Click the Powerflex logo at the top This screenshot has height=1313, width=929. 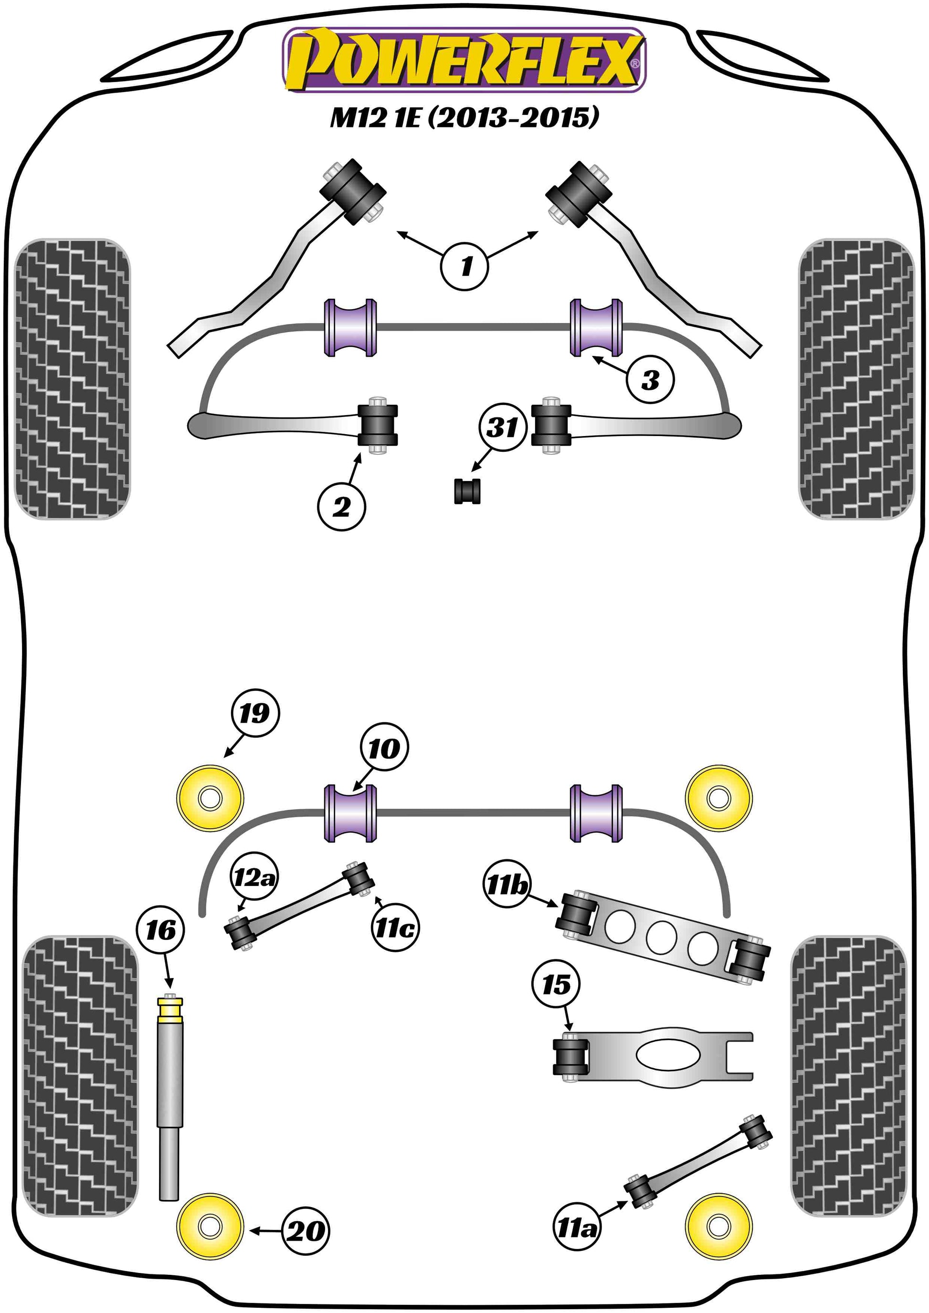[x=464, y=61]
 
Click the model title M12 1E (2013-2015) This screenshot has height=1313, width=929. [x=464, y=117]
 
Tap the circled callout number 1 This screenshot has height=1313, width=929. [x=464, y=265]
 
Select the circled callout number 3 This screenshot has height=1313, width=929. [x=650, y=379]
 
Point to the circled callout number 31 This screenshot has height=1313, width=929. [x=502, y=427]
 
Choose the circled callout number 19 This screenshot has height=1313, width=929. [x=254, y=713]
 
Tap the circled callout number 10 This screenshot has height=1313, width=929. [x=384, y=749]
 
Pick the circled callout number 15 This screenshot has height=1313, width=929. [x=556, y=984]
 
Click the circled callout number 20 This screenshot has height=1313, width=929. [x=306, y=1230]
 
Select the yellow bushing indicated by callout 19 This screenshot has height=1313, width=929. [x=211, y=798]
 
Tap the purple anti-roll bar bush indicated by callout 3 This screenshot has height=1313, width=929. [x=597, y=328]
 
